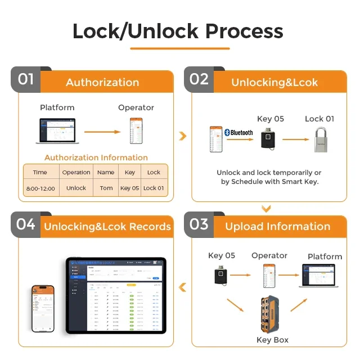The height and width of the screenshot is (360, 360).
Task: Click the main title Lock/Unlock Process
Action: point(178,31)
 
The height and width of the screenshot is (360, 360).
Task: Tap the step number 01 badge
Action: point(26,79)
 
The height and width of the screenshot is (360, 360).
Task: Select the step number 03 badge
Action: point(199,224)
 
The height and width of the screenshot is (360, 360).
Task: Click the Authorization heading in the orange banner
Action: point(102,82)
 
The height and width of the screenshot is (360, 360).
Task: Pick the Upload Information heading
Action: point(277,227)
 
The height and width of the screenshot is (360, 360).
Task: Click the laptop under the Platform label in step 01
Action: point(56,130)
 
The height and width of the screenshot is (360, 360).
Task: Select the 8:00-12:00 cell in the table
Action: point(40,188)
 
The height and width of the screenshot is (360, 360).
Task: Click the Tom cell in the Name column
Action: point(106,188)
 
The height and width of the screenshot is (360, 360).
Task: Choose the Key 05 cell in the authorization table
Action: point(129,188)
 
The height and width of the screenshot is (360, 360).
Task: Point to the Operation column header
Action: point(76,173)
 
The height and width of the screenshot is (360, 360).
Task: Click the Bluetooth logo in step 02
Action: point(238,133)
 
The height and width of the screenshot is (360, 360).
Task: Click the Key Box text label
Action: point(272,340)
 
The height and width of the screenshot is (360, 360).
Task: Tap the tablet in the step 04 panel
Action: point(116,295)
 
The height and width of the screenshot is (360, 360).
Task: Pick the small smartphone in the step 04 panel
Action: point(43,308)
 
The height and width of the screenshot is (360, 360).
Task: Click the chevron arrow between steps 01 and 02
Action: point(182,136)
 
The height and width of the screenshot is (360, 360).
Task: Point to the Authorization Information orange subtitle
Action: point(96,157)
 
